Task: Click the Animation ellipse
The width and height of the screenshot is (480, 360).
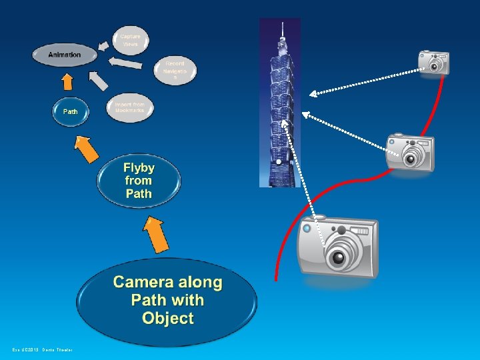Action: pos(65,55)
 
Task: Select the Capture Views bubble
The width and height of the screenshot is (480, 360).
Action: pos(131,39)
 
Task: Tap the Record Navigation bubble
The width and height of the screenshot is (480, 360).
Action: pos(175,70)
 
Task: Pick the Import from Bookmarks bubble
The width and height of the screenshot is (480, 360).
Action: pos(129,108)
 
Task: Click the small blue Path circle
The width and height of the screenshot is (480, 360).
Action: pos(70,112)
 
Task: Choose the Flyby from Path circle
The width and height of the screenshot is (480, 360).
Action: pos(139,181)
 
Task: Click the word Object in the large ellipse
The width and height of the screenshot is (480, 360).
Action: pos(167,319)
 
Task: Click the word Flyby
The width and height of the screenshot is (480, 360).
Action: pos(139,167)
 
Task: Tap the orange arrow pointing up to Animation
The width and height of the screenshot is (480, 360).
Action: pos(67,81)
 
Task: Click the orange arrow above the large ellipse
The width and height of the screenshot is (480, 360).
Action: pos(156,234)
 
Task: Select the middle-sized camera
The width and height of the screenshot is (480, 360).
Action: pos(411,153)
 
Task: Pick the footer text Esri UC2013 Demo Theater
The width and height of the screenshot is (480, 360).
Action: pos(42,350)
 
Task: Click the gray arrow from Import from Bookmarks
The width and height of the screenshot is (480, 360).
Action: pos(98,81)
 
